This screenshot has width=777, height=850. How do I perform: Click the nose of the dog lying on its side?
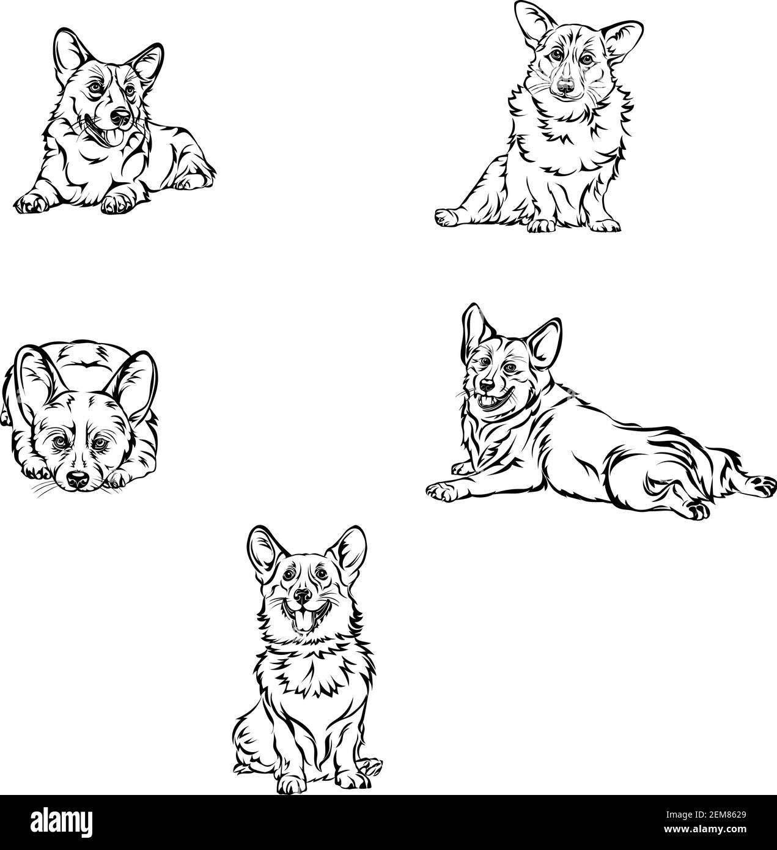[x=487, y=386]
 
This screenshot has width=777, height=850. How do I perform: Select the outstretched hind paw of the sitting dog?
[x=446, y=216]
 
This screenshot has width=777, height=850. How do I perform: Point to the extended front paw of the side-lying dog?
[x=441, y=490]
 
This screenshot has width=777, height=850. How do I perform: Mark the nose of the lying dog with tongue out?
[x=120, y=117]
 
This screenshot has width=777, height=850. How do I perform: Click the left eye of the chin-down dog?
[x=57, y=442]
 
